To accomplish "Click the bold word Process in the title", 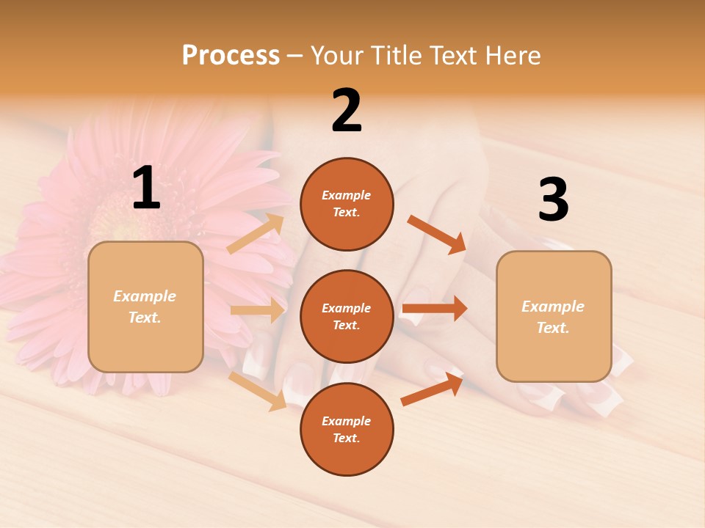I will click(x=231, y=55).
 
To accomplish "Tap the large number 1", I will click(x=146, y=188).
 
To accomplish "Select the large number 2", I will click(x=347, y=111).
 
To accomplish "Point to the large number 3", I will click(x=553, y=199).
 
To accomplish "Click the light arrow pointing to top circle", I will click(x=256, y=233).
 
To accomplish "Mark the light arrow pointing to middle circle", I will click(x=257, y=310).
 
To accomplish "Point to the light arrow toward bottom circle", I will click(x=257, y=390).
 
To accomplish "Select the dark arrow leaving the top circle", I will click(x=436, y=234).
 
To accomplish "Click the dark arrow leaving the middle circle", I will click(x=435, y=308).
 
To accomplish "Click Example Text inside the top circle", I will click(x=347, y=204).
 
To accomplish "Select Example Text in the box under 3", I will click(x=553, y=317).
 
